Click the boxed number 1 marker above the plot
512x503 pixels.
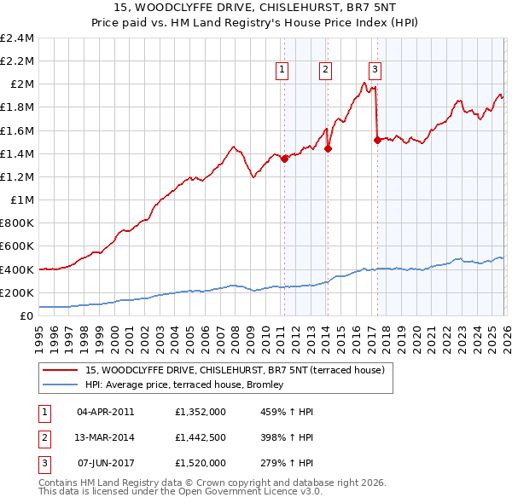point(282,72)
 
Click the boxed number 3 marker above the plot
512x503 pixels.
point(375,72)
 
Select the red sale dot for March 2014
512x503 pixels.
point(329,148)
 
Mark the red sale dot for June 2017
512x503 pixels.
point(377,140)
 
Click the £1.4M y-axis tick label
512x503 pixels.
point(17,153)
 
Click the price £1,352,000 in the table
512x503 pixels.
point(200,411)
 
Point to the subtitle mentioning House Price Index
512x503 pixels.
point(256,25)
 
